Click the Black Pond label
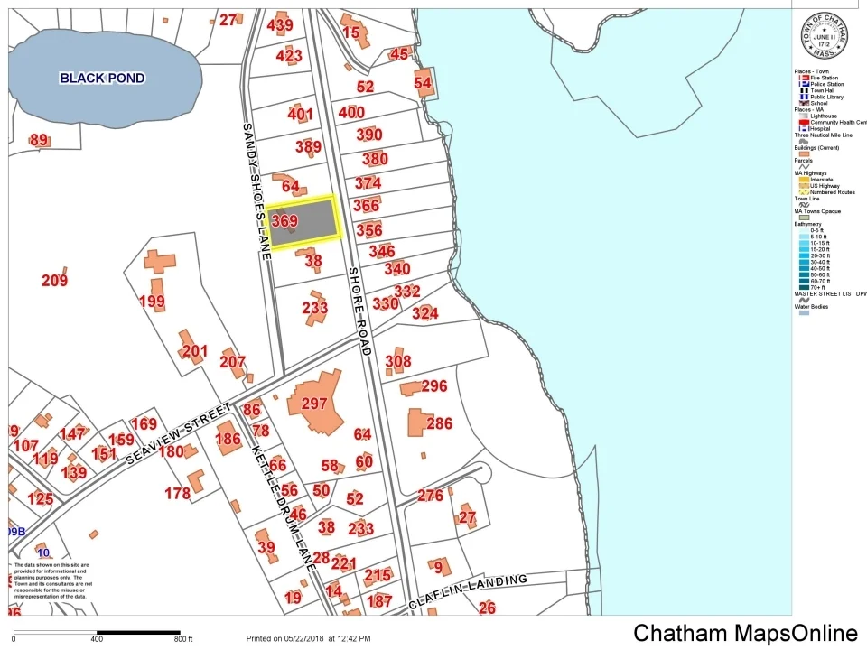[x=102, y=78]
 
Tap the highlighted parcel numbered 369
[x=303, y=221]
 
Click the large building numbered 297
[x=314, y=404]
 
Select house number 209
[x=54, y=281]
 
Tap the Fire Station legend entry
[x=823, y=79]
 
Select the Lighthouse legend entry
[x=823, y=116]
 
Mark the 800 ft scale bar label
[x=183, y=639]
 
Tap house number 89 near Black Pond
[x=39, y=140]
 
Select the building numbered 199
[x=152, y=301]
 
